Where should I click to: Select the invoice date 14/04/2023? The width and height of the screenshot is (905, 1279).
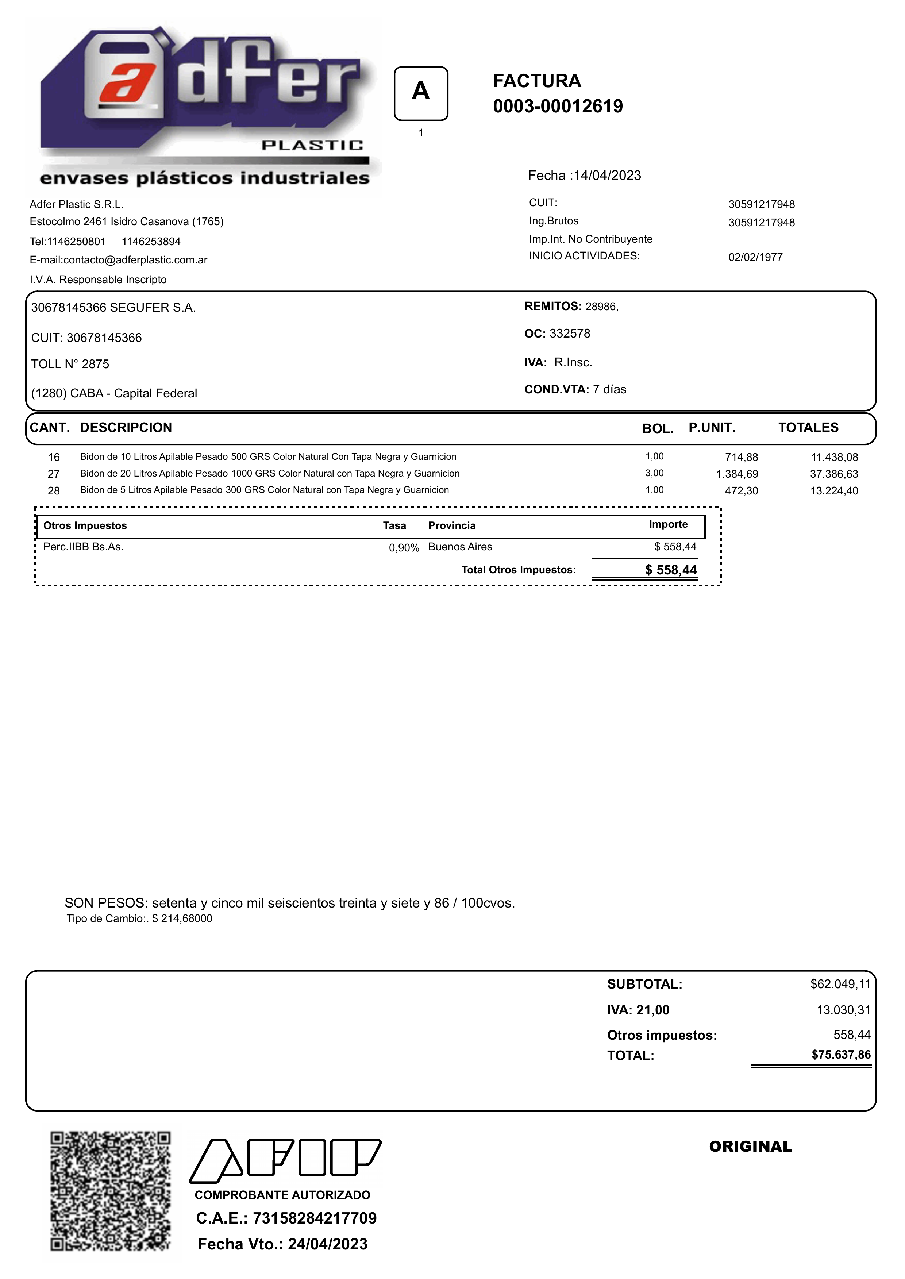[608, 176]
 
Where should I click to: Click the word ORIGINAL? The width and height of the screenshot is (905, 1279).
[750, 1147]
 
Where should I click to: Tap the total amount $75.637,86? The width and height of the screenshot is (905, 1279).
[840, 1055]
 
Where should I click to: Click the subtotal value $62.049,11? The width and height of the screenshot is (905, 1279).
[840, 984]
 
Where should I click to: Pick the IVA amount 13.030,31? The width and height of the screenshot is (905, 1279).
[843, 1010]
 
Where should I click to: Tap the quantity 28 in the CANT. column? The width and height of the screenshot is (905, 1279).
[54, 491]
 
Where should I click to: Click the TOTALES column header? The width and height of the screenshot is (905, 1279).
[808, 427]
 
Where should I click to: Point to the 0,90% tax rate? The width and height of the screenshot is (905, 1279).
[404, 548]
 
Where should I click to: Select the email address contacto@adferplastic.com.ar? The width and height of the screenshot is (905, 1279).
[135, 260]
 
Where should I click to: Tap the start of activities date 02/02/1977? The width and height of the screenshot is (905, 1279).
[755, 258]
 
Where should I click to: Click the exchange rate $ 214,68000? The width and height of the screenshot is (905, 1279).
[182, 919]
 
